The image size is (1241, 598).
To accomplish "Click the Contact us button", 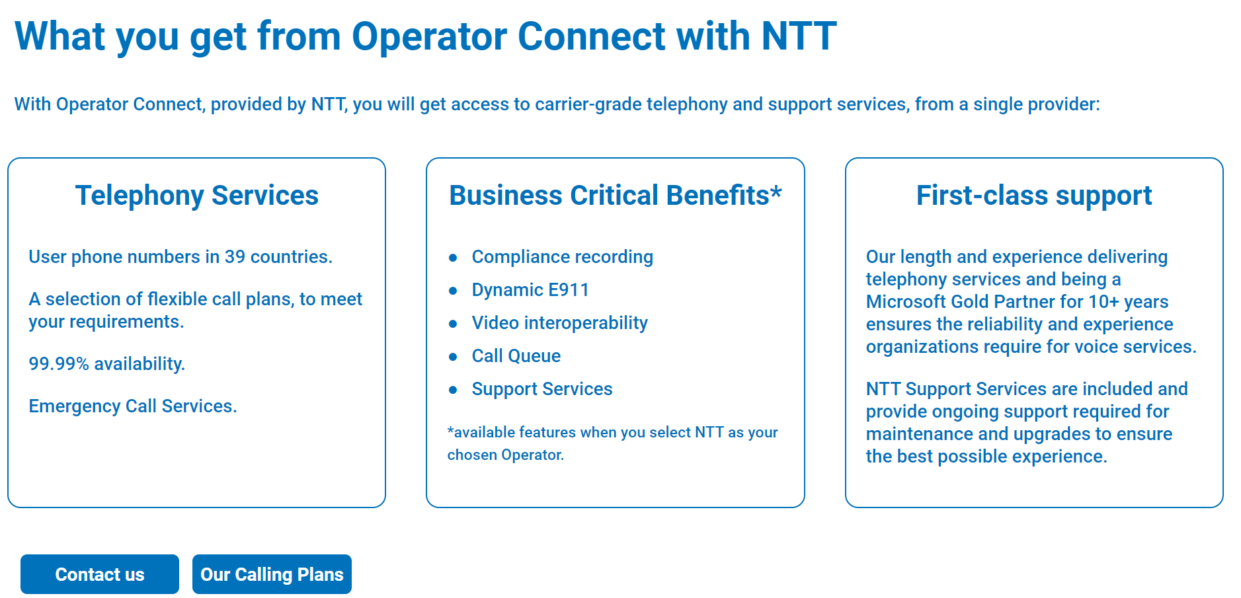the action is [x=100, y=574].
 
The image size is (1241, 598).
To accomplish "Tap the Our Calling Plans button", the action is [x=272, y=574].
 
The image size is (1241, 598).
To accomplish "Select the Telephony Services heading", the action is [x=197, y=196].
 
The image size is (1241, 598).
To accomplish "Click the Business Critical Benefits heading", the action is [x=616, y=196].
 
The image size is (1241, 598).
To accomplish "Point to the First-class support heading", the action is [x=1034, y=196].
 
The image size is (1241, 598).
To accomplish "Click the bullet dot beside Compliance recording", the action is [x=453, y=258].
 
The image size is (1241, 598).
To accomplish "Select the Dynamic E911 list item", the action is [x=530, y=289].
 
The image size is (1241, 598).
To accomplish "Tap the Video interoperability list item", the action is [x=559, y=323].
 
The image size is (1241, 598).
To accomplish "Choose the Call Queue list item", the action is [x=516, y=356].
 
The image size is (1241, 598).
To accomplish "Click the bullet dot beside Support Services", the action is [x=453, y=390].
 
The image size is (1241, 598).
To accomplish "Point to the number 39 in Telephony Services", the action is [x=235, y=257].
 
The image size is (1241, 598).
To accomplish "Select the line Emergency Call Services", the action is [x=133, y=406].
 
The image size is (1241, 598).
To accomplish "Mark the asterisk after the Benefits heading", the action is [x=776, y=192].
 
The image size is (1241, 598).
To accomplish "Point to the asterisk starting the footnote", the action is [x=450, y=430].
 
